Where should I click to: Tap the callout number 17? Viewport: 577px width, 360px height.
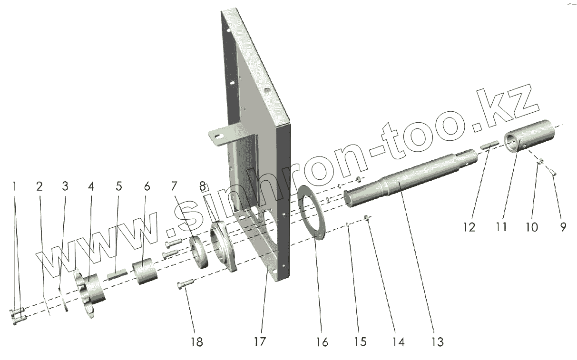pyautogui.click(x=260, y=341)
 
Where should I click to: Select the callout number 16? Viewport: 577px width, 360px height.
pyautogui.click(x=322, y=341)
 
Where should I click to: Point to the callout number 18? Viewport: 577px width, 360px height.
pyautogui.click(x=196, y=341)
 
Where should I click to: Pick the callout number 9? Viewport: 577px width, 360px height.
pyautogui.click(x=563, y=227)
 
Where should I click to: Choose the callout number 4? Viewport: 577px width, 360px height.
pyautogui.click(x=90, y=186)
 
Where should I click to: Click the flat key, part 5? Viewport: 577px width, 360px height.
pyautogui.click(x=117, y=274)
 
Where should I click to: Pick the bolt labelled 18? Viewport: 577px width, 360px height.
pyautogui.click(x=185, y=285)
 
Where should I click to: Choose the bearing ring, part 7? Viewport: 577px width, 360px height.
pyautogui.click(x=199, y=253)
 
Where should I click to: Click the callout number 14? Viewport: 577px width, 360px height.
pyautogui.click(x=399, y=341)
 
